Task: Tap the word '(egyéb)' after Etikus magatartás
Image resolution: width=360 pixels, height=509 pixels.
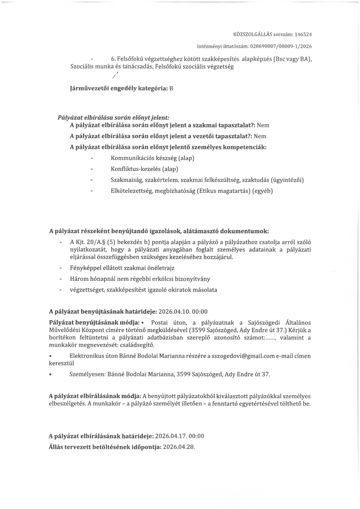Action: coord(263,190)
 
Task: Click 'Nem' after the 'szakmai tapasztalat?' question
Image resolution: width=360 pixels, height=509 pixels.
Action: coord(263,126)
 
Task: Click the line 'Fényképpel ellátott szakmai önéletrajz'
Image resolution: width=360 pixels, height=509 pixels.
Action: coord(121,268)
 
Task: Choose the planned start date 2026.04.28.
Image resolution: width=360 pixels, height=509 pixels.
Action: coord(179,446)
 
